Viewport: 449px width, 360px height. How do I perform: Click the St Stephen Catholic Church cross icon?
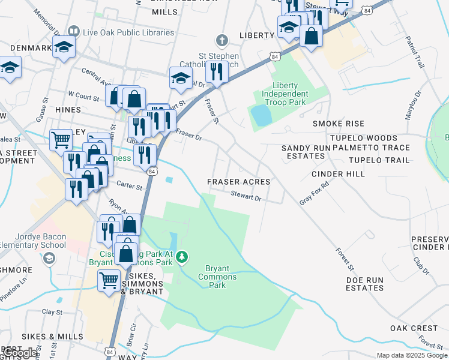(222, 41)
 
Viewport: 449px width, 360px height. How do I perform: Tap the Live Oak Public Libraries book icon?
(74, 31)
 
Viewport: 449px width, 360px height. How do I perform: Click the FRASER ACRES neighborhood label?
(238, 181)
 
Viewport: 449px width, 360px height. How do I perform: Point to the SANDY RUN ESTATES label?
(303, 151)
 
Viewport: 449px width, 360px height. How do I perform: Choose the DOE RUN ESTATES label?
(364, 284)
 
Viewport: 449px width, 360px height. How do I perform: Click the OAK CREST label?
(414, 328)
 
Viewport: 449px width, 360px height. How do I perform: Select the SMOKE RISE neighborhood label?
(339, 124)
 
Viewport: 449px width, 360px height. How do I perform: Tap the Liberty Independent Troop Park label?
(282, 94)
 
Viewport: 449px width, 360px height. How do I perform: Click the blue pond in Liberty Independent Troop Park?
(261, 115)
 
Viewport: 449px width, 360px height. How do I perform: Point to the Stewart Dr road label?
(247, 197)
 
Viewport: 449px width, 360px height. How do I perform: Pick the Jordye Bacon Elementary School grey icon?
(49, 258)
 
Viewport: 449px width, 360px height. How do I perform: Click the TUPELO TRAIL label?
(379, 160)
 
